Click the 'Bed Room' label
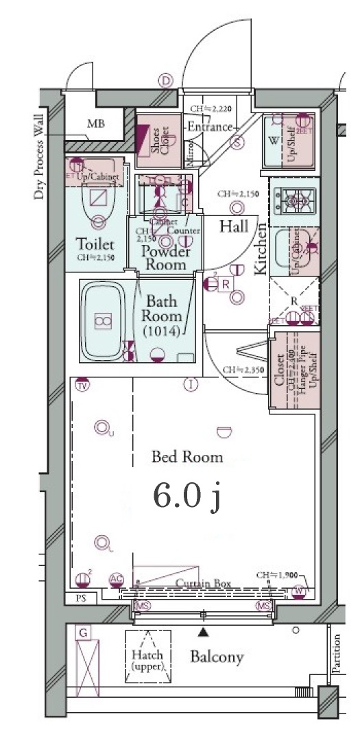point(187,456)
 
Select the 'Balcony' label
point(217,657)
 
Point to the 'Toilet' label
point(95,244)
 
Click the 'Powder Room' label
point(164,257)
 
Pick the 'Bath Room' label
point(161,309)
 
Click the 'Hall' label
point(233,227)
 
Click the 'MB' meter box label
point(95,124)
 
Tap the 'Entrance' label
point(210,127)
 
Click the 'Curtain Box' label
point(202,584)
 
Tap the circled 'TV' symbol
point(83,385)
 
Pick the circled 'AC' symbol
point(117,581)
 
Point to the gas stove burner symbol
point(293,202)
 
